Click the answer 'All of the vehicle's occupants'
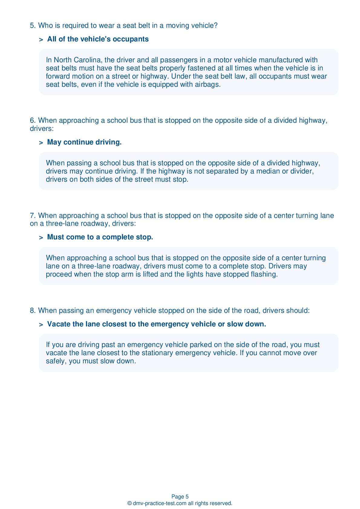click(98, 39)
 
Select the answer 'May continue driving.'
click(84, 142)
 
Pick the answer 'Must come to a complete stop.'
click(100, 237)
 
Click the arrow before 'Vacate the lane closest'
click(41, 324)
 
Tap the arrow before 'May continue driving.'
click(41, 142)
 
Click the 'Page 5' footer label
click(180, 497)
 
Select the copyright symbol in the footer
click(129, 503)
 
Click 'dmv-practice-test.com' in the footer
click(160, 503)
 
